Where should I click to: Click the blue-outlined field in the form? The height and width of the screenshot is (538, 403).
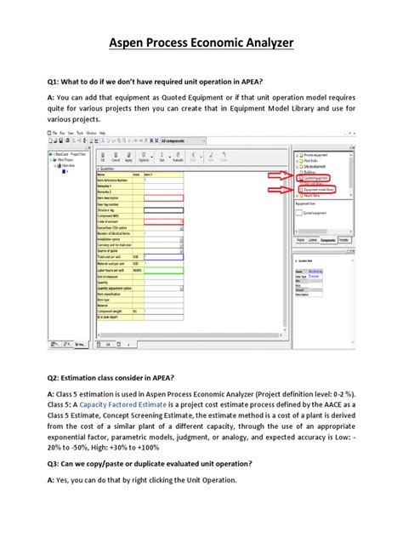pos(164,253)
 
